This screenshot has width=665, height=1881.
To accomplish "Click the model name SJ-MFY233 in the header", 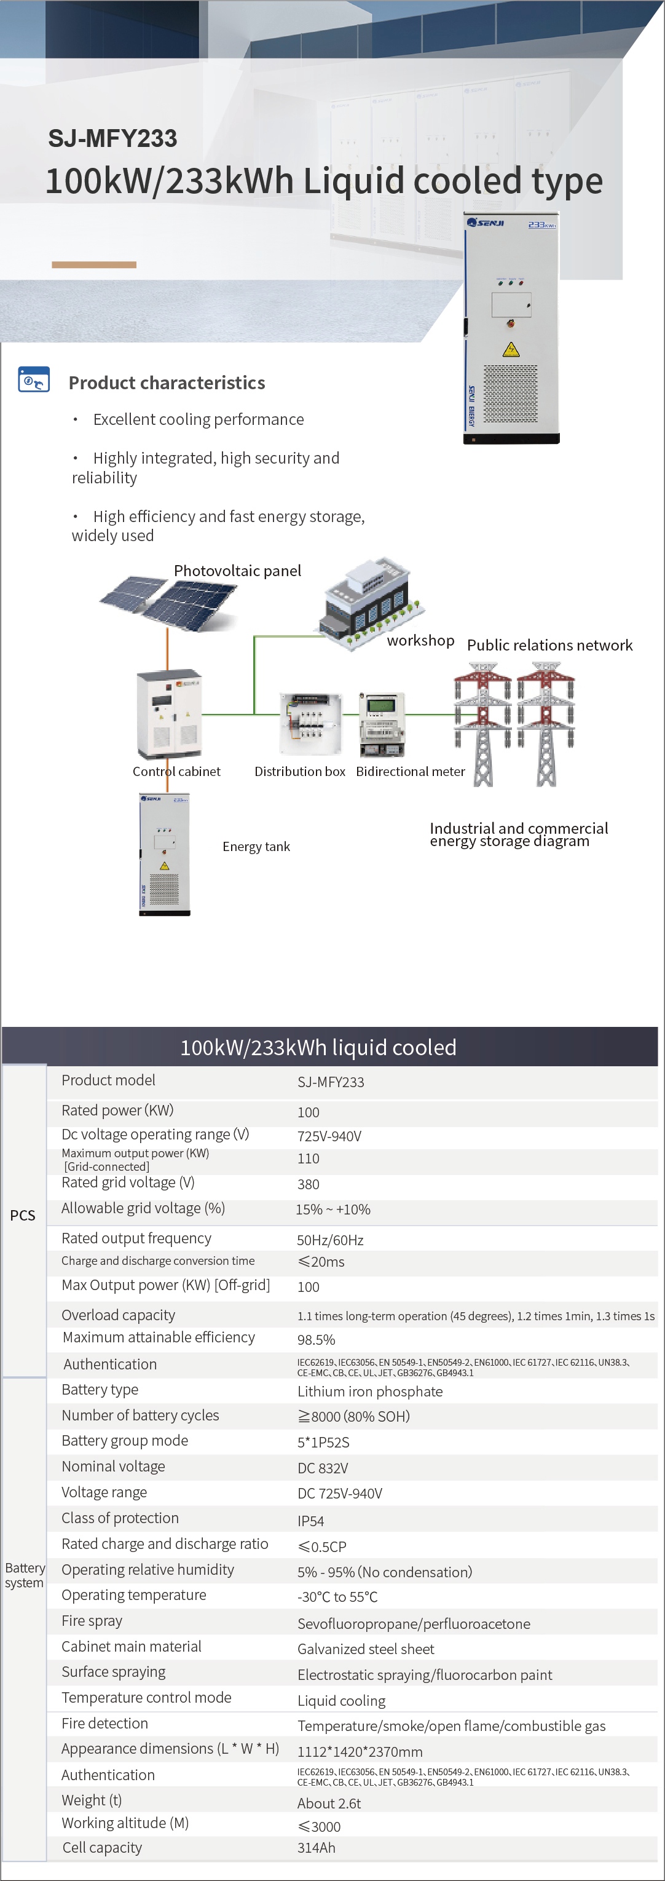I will (x=112, y=138).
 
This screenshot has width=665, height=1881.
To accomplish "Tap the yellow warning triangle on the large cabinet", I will (x=511, y=349).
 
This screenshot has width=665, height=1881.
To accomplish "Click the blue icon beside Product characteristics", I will (x=34, y=380).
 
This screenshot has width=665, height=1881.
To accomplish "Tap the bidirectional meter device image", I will (x=381, y=724).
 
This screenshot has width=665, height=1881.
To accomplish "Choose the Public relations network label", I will (x=549, y=645).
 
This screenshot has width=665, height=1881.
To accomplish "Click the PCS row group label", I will (x=23, y=1215).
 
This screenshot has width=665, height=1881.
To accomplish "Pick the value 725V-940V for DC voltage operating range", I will (x=329, y=1136).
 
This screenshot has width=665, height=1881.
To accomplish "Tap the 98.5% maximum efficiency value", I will (x=316, y=1339).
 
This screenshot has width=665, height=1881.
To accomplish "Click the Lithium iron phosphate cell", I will (x=369, y=1391).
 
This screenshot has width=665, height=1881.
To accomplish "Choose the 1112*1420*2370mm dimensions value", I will (x=360, y=1751).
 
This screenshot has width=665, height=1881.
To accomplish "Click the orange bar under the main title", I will (x=94, y=264).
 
